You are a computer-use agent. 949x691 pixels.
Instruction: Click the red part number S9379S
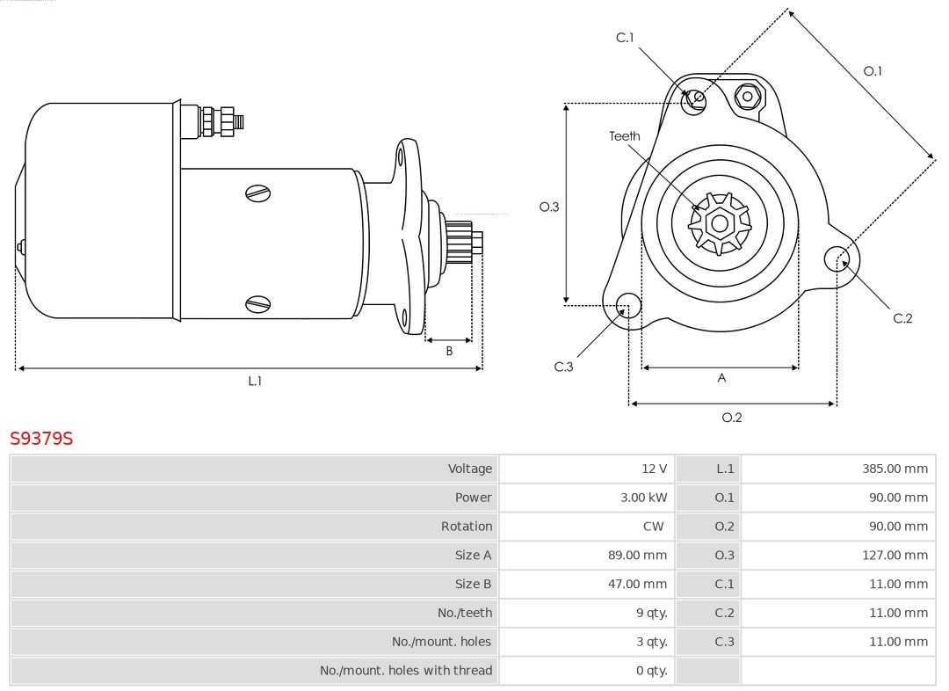41,438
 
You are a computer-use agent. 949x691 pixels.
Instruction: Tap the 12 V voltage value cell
654,469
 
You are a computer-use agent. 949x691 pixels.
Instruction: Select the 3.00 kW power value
643,498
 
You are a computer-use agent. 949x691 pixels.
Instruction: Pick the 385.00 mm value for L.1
895,469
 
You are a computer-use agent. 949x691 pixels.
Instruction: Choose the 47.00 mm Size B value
640,584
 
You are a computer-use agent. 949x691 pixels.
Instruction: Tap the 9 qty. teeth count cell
649,613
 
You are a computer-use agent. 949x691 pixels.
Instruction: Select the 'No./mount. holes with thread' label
406,671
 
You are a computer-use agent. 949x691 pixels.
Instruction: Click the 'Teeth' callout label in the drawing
625,136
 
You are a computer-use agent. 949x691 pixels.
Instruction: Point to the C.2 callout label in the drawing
902,318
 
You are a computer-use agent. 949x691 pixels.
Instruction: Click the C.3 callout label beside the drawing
563,367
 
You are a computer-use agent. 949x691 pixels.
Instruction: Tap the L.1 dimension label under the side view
255,381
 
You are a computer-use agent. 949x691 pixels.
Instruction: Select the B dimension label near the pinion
449,351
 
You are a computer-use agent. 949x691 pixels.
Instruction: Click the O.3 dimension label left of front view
549,207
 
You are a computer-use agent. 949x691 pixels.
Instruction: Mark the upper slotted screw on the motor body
258,193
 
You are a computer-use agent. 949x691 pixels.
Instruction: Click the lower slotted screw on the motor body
258,304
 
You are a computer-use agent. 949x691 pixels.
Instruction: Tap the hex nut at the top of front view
748,96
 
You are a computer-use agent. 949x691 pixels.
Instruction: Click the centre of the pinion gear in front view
719,224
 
